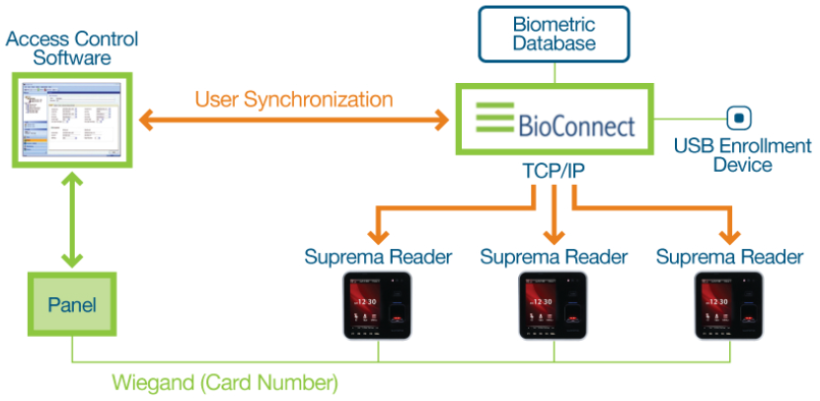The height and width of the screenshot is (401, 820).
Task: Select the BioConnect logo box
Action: pyautogui.click(x=555, y=120)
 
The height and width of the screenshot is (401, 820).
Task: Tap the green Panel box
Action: pyautogui.click(x=73, y=305)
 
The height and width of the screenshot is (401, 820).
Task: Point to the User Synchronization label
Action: pyautogui.click(x=293, y=100)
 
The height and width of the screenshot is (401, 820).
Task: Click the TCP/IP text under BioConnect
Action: pyautogui.click(x=554, y=171)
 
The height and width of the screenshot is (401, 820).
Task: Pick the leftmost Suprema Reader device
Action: pyautogui.click(x=378, y=305)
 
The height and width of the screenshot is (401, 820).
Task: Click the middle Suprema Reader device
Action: pyautogui.click(x=554, y=305)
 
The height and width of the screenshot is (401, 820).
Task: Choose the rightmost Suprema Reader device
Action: pyautogui.click(x=729, y=305)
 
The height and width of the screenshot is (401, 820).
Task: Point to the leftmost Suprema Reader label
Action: pyautogui.click(x=378, y=257)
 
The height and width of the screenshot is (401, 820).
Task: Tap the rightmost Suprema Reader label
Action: pyautogui.click(x=729, y=257)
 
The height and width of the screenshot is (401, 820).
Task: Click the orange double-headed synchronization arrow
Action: pyautogui.click(x=293, y=120)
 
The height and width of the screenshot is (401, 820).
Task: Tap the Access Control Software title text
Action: pyautogui.click(x=71, y=47)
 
